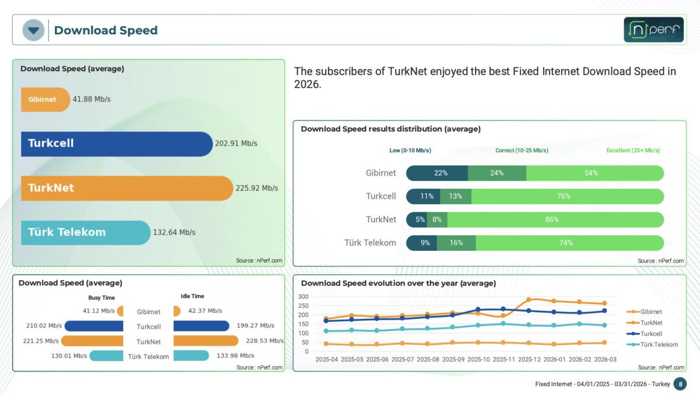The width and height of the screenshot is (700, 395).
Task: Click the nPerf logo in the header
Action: [653, 30]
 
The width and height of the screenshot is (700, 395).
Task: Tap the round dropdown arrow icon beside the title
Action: [33, 30]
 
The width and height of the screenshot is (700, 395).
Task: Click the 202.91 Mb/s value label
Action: [236, 144]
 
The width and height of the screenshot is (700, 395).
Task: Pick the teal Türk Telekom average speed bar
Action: [85, 232]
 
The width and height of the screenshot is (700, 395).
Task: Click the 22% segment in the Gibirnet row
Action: [437, 173]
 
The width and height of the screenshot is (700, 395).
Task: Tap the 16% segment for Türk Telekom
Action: [456, 243]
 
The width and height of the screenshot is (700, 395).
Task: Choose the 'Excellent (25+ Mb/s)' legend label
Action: [633, 151]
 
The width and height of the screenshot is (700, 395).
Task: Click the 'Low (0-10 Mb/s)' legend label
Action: [410, 151]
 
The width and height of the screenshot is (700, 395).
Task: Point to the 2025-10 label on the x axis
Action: [478, 360]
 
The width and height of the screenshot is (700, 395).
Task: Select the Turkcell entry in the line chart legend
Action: [650, 334]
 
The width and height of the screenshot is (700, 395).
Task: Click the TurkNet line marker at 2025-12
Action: [528, 300]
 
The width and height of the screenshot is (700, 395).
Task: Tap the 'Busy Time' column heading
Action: [101, 298]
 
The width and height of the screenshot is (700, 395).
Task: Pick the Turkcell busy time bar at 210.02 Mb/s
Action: [94, 326]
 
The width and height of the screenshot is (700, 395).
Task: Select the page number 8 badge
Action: [680, 384]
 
